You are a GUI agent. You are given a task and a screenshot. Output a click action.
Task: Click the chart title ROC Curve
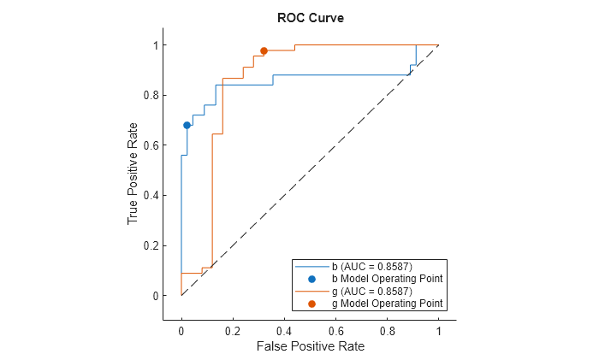[311, 18]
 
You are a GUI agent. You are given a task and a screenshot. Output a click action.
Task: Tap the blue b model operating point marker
[187, 125]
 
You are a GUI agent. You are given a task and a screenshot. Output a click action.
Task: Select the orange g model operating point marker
[264, 50]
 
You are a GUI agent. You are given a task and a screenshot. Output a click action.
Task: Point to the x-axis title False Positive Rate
[310, 346]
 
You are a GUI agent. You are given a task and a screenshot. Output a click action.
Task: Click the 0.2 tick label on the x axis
[233, 330]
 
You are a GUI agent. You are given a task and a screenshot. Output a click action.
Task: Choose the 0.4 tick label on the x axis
[284, 330]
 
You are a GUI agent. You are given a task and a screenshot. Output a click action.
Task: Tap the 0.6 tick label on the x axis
[335, 330]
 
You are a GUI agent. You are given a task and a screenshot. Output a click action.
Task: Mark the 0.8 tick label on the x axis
[387, 330]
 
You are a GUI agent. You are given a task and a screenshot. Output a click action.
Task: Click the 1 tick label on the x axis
[438, 330]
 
